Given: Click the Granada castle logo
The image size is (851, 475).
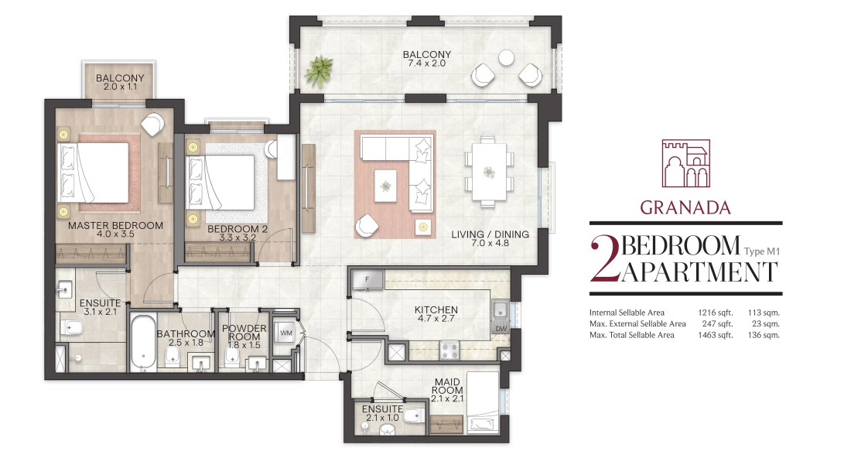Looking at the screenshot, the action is (x=685, y=163).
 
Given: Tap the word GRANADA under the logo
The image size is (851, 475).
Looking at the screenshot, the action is (x=685, y=207).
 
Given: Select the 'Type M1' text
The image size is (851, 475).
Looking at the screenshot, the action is (x=761, y=251).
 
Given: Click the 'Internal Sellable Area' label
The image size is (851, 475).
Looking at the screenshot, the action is (x=627, y=312).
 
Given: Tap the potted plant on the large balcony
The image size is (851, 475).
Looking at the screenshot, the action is (x=318, y=70).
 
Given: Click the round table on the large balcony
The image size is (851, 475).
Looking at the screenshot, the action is (x=507, y=57).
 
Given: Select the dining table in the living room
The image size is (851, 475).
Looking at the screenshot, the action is (x=489, y=172).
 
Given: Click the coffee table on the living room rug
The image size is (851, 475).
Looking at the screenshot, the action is (x=385, y=186).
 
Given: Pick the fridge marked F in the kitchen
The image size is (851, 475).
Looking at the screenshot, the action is (x=367, y=280).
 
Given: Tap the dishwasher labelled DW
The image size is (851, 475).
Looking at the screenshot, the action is (x=501, y=328).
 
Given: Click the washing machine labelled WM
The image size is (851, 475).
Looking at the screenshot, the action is (x=285, y=333).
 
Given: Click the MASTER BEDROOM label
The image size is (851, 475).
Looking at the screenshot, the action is (x=115, y=225).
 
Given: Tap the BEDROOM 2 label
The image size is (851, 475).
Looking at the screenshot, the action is (x=238, y=229).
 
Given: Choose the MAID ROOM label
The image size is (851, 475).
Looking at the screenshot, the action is (x=447, y=386).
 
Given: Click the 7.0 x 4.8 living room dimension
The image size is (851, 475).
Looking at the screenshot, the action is (x=490, y=243).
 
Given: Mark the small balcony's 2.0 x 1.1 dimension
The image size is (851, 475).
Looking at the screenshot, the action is (x=120, y=87).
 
